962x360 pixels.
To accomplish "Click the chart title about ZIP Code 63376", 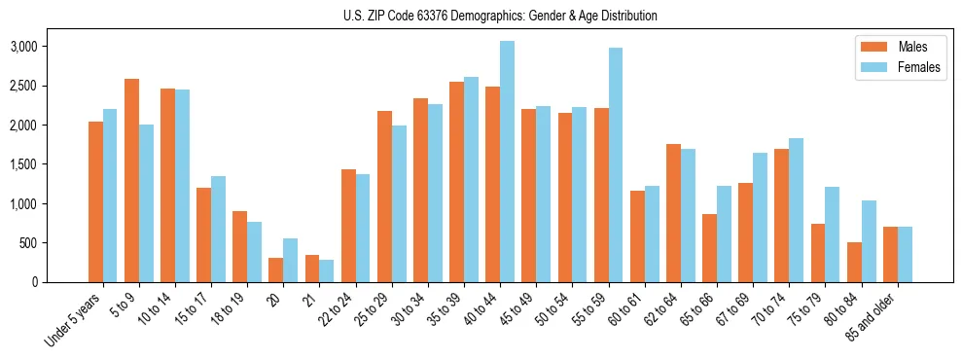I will (x=500, y=16).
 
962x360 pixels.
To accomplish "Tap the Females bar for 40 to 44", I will (x=507, y=162).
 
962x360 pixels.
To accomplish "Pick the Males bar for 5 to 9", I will (x=131, y=180).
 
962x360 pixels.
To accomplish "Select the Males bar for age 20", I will (x=276, y=270).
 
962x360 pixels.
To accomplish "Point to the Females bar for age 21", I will (x=327, y=270).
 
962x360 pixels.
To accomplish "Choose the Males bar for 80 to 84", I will (x=854, y=262).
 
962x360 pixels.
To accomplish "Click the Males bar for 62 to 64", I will (x=673, y=213).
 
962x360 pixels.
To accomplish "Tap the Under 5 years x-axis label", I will (x=74, y=318).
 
